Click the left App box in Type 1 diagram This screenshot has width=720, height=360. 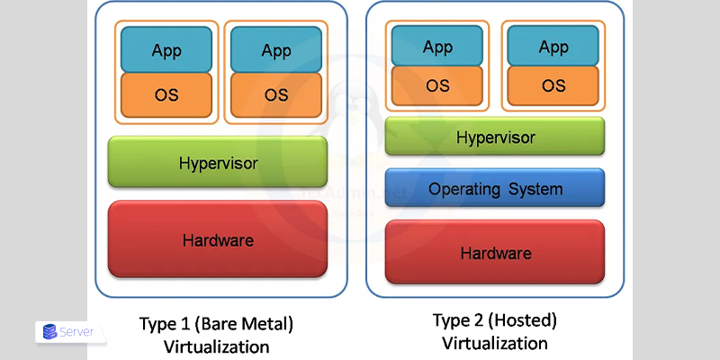click(x=166, y=49)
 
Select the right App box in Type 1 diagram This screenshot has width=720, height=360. click(x=276, y=49)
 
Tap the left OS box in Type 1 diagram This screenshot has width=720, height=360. click(x=166, y=94)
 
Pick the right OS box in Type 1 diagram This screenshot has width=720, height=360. click(x=276, y=94)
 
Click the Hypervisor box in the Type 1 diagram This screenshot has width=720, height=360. click(x=218, y=163)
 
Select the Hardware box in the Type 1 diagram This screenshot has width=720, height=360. click(x=218, y=239)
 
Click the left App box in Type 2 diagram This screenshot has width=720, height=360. click(x=437, y=47)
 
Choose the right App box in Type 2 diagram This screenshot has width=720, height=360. click(x=553, y=47)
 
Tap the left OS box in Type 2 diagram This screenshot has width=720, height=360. click(x=437, y=85)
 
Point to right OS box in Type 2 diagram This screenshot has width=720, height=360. click(x=553, y=85)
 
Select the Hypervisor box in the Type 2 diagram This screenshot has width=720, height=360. click(x=495, y=137)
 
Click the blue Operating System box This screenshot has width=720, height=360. click(x=495, y=188)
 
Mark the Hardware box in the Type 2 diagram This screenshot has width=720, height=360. click(x=495, y=252)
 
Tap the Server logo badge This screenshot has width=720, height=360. click(x=70, y=332)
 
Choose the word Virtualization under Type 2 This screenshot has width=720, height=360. click(x=495, y=343)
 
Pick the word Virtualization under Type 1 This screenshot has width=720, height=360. click(x=217, y=346)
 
